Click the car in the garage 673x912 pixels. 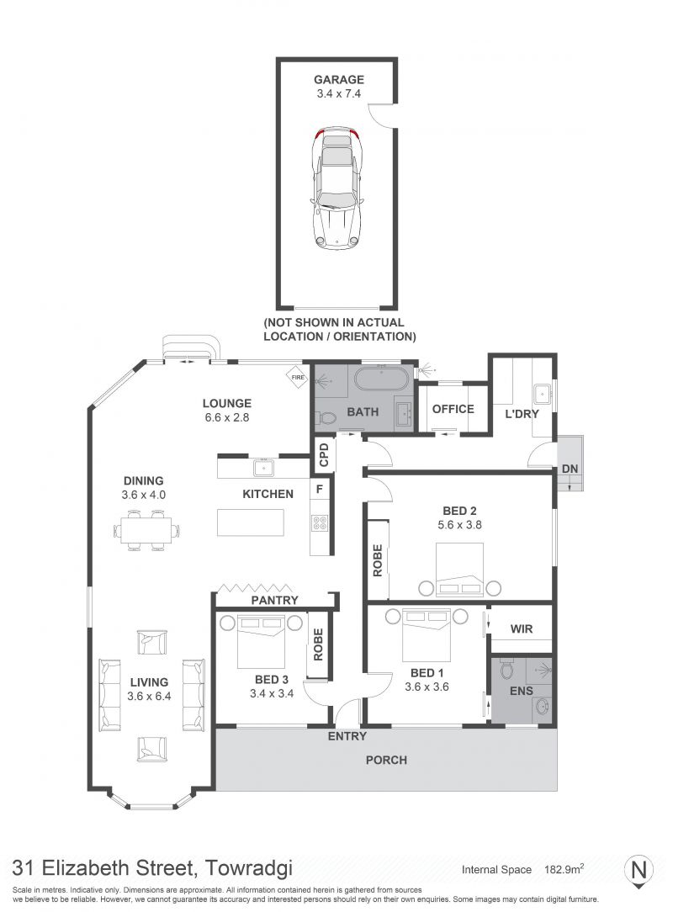(336, 188)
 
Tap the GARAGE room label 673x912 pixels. (338, 80)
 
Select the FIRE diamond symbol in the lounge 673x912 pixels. (298, 377)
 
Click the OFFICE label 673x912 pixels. (453, 409)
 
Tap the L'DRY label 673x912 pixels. (522, 414)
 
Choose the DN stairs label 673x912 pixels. (570, 469)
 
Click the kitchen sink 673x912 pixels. (263, 468)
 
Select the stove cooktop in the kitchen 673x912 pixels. (320, 523)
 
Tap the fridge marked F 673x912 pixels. (320, 490)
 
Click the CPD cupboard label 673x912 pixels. (324, 454)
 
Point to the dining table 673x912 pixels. (146, 530)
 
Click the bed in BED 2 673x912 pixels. (460, 570)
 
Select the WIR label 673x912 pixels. (522, 628)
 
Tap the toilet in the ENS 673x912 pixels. (506, 669)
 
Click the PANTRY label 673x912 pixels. (274, 600)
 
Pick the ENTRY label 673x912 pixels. (347, 736)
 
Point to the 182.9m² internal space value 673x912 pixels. (564, 870)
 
